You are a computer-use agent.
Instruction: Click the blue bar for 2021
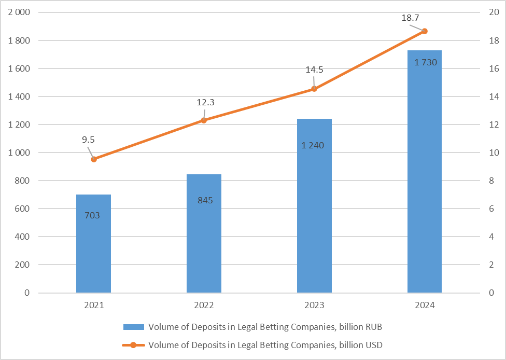[93, 244]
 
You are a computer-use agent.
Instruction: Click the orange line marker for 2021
[94, 159]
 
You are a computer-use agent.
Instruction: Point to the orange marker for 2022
[204, 120]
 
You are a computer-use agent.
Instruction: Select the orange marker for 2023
[314, 89]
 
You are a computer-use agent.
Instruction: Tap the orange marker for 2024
[425, 31]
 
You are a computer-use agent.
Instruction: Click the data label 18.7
[410, 18]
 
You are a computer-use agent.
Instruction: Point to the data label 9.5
[88, 139]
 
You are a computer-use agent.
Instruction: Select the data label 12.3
[205, 102]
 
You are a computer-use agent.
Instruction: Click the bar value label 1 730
[426, 63]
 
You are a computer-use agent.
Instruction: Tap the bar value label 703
[92, 215]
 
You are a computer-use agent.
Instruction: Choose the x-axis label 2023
[314, 306]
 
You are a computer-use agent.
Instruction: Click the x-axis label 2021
[94, 306]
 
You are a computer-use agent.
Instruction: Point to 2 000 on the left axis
[20, 12]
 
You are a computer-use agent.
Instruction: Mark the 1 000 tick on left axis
[20, 153]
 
